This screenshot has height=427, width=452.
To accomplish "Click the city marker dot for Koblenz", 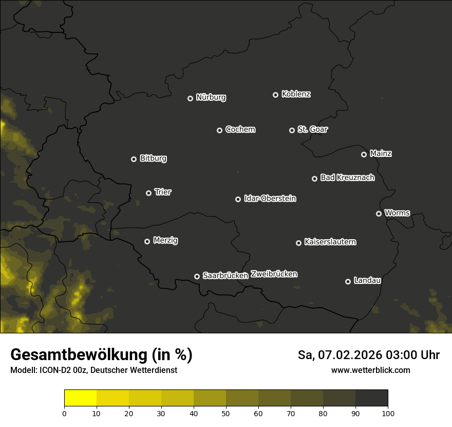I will pos(275,95).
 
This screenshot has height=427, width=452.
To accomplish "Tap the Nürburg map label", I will pos(211,97).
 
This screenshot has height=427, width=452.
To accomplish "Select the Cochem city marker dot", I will pos(219,130).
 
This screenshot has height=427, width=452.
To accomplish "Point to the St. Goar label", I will pos(312,130).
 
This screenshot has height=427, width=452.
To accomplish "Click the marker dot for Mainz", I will pos(364,154).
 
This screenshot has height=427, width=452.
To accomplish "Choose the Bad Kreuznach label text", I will pos(347,177).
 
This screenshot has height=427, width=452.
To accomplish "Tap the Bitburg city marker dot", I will pos(134,159).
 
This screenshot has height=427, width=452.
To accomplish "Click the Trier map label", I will pos(163,192).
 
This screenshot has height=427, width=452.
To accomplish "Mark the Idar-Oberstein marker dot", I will pos(238,199).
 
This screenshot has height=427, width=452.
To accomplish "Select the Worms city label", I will pos(397,212).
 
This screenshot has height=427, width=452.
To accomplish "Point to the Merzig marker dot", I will pos(147,241).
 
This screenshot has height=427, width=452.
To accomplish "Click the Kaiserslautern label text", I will pos(330,242).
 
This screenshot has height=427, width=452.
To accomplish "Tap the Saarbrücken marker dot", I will pos(197,276).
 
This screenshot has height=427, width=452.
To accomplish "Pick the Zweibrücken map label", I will pos(274,274).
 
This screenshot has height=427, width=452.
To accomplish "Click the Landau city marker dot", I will pos(348,281).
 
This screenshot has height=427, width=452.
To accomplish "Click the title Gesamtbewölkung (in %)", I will pos(101,355).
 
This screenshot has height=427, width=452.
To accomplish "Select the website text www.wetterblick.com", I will pos(370,370).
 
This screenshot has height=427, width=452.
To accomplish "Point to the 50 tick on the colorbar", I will pos(226,413).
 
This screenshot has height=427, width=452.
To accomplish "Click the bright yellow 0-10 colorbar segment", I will pos(80,398).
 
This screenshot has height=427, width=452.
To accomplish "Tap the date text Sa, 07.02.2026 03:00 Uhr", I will pos(368,355).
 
